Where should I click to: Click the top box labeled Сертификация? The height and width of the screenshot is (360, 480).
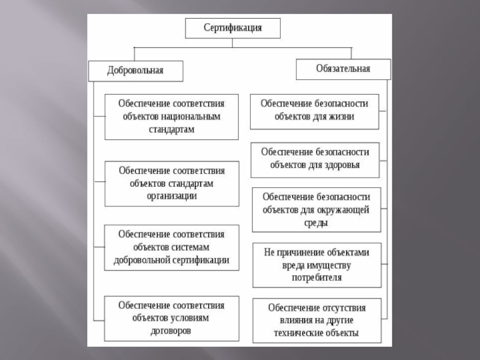[x=232, y=28]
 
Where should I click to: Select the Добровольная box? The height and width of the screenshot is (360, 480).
[x=136, y=71]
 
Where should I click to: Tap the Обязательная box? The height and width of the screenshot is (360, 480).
[x=343, y=68]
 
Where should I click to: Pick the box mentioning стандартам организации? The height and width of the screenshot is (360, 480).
[x=172, y=184]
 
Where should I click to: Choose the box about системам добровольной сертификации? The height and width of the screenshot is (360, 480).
[x=172, y=247]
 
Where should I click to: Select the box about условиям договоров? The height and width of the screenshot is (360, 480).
[x=172, y=319]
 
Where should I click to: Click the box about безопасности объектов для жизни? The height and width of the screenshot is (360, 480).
[x=314, y=110]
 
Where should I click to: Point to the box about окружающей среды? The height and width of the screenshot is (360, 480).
[x=316, y=209]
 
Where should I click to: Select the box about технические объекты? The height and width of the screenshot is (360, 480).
[x=316, y=320]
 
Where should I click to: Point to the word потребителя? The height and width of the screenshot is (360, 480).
[x=316, y=278]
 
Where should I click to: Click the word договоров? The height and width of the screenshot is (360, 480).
[x=172, y=331]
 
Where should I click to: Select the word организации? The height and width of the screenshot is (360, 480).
[x=172, y=195]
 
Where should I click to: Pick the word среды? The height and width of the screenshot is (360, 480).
[x=316, y=223]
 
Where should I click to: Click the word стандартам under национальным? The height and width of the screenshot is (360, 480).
[x=172, y=128]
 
